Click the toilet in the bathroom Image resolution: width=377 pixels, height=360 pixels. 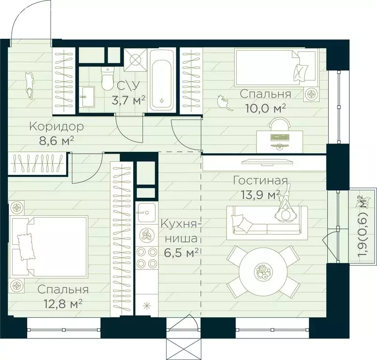[x=107, y=78]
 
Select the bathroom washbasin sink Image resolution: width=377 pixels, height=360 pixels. [x=88, y=97]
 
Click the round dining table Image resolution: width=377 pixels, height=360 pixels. [x=263, y=271]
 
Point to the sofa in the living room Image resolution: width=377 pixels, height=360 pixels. [x=267, y=223]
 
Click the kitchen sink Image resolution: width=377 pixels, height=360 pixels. [x=146, y=213]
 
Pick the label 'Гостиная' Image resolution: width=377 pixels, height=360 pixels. [x=260, y=180]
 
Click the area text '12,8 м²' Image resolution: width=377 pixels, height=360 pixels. [x=63, y=304]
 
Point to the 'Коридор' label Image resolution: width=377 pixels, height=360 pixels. [x=56, y=127]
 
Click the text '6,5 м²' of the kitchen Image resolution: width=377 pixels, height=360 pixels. [x=181, y=252]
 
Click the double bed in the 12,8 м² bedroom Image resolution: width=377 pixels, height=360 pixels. [x=49, y=246]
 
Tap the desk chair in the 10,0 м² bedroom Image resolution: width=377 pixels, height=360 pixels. [x=279, y=124]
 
